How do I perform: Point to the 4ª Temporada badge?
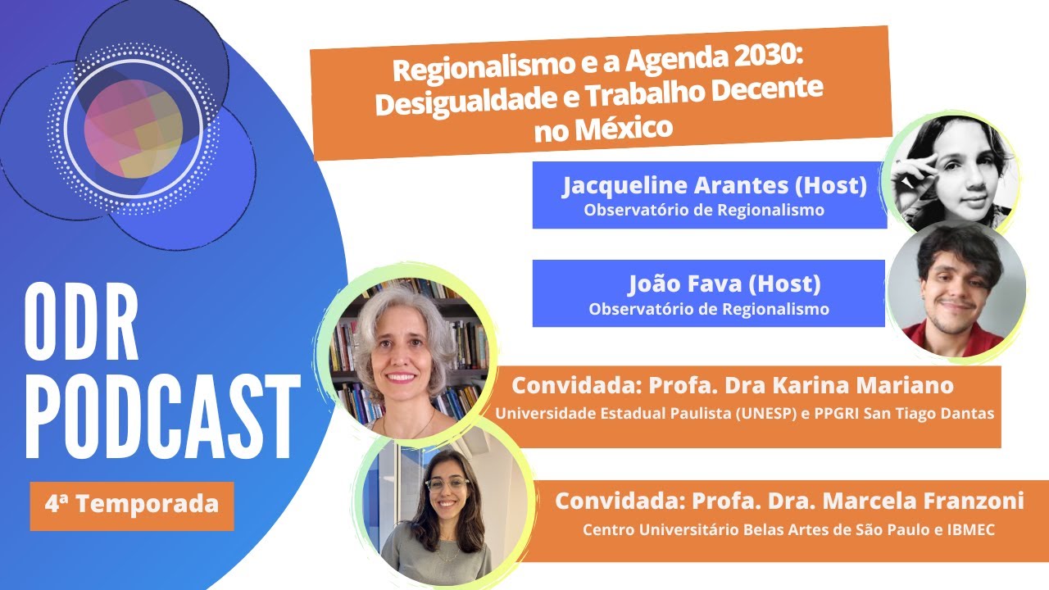(x=132, y=503)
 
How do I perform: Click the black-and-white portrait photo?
(x=951, y=172)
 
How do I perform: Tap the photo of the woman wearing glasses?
(x=443, y=509)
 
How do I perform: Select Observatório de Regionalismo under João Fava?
(x=709, y=309)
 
